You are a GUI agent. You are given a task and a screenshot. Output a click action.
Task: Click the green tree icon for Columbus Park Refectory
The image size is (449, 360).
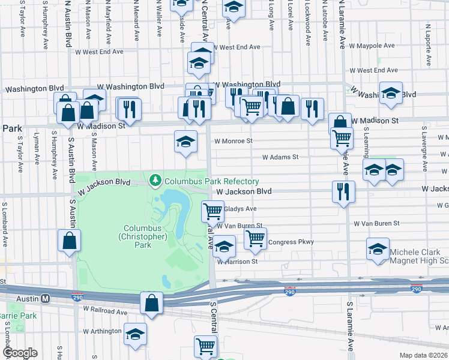[x=155, y=179]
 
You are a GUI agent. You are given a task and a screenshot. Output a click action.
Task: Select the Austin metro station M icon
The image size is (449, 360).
[x=45, y=298]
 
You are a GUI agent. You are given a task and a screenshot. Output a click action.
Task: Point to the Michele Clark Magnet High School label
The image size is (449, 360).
[x=419, y=256]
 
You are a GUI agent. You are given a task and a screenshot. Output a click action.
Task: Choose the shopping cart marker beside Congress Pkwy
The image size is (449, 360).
[x=255, y=238]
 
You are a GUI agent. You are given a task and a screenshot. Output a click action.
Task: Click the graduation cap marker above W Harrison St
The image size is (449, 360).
[x=224, y=246]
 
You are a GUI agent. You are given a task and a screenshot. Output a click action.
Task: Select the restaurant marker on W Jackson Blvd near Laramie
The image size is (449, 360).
[x=343, y=192]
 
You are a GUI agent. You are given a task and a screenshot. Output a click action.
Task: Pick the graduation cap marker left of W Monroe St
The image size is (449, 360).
[x=185, y=142]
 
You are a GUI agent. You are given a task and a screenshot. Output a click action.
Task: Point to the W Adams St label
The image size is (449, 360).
[x=280, y=157]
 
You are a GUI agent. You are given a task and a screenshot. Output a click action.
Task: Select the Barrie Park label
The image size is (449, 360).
[x=18, y=316]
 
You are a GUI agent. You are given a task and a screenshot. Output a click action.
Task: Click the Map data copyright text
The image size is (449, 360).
[x=423, y=355]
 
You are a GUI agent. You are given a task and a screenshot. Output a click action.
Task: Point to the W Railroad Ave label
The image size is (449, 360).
[x=106, y=312]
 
